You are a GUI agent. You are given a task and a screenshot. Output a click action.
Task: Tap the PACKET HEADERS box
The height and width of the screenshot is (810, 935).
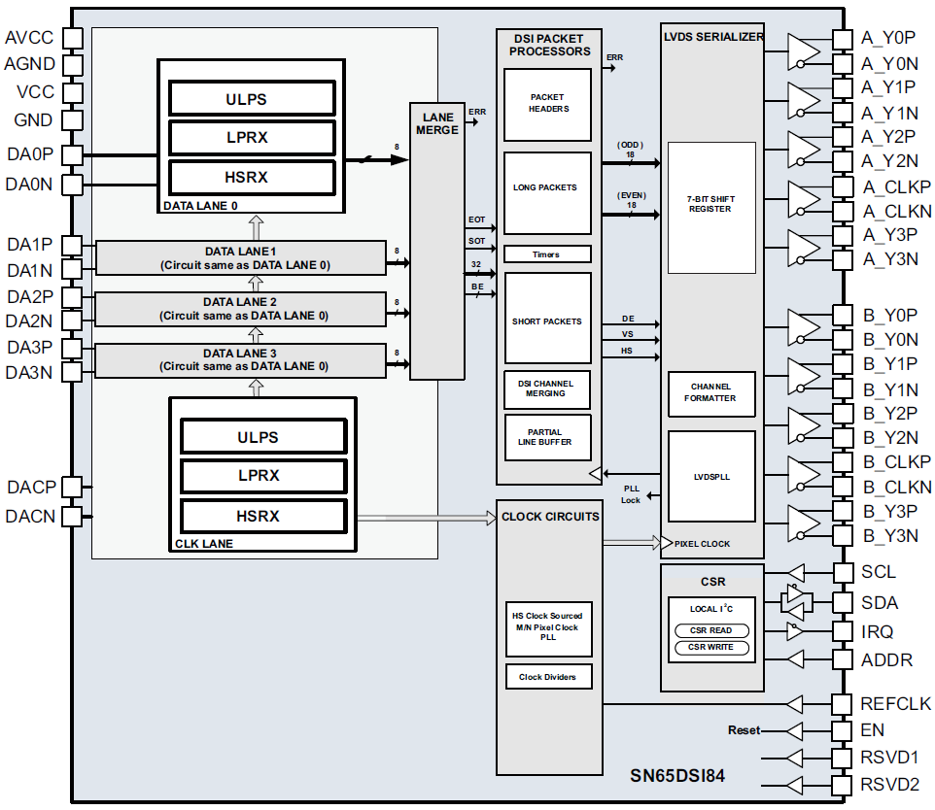tap(547, 103)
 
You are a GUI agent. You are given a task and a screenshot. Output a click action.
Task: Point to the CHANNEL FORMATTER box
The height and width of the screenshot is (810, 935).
tap(710, 392)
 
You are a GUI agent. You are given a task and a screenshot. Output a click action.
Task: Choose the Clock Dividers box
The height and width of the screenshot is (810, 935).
tap(548, 677)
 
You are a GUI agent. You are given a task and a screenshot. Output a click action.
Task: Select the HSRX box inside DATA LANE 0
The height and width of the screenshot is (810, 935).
tap(252, 177)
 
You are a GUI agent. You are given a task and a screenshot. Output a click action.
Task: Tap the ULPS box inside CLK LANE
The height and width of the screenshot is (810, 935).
tap(263, 437)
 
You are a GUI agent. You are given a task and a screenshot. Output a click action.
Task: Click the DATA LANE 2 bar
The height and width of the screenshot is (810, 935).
tap(240, 309)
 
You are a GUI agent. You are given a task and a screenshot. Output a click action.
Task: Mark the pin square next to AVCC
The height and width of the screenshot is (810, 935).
tap(72, 38)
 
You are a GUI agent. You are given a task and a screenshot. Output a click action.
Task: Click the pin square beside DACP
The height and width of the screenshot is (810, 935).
tap(72, 487)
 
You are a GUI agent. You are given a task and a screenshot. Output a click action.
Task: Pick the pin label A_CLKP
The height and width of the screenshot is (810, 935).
tap(895, 186)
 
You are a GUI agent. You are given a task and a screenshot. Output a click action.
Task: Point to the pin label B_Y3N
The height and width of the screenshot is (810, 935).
tap(889, 535)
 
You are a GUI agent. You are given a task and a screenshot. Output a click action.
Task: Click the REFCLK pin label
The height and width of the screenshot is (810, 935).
tap(895, 704)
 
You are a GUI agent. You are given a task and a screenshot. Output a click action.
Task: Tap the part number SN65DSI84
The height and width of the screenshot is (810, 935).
tap(677, 776)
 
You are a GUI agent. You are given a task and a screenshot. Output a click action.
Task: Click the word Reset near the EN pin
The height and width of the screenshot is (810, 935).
tap(744, 730)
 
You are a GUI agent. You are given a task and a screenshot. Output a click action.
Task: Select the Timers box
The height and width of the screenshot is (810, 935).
tap(547, 254)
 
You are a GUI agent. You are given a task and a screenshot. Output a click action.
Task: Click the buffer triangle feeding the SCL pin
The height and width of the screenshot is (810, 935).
tap(796, 573)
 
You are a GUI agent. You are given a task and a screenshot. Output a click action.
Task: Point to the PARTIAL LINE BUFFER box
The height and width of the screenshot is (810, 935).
tap(547, 437)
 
